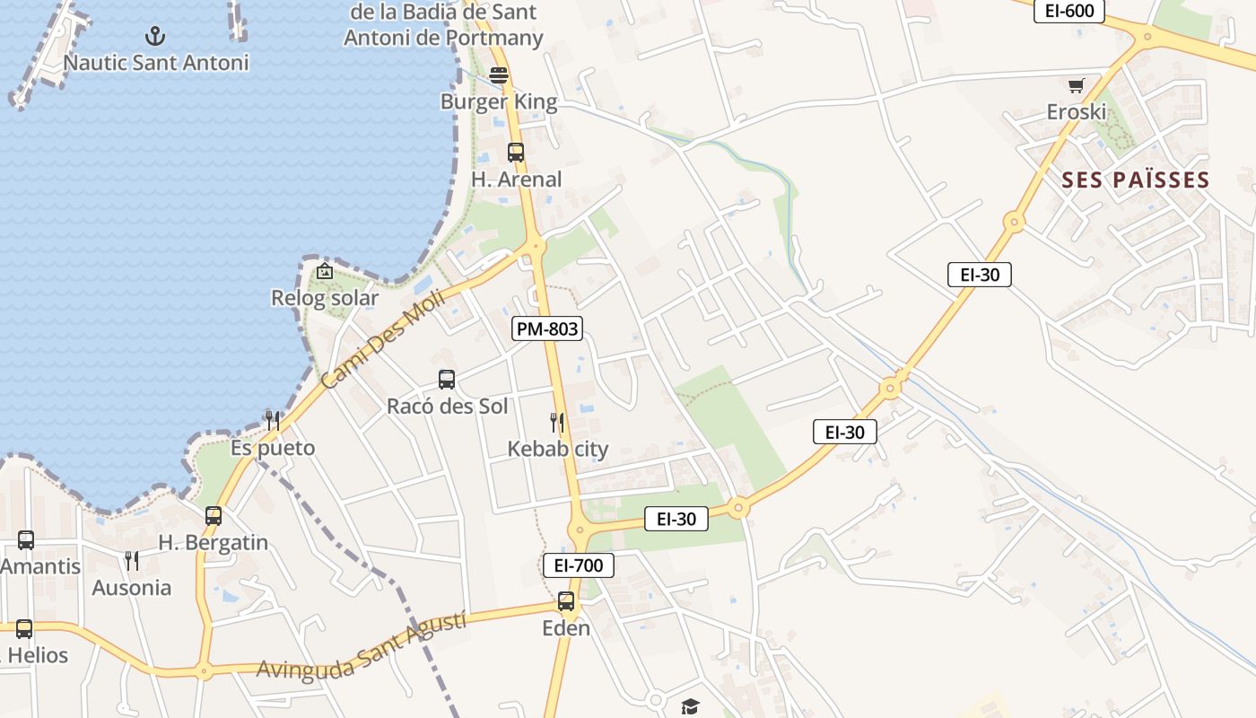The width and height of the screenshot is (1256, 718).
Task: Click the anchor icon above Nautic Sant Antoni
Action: tap(156, 36)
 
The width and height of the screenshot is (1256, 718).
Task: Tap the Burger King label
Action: tap(499, 102)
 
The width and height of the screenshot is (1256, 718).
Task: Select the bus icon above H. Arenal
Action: tap(516, 152)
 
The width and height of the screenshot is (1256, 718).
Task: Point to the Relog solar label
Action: tap(325, 298)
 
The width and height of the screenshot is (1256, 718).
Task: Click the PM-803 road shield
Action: tap(547, 328)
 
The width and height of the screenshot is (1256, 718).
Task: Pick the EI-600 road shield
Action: tap(1068, 11)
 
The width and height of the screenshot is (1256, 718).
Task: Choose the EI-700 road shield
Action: tap(579, 565)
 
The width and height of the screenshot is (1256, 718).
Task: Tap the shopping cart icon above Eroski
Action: tap(1077, 86)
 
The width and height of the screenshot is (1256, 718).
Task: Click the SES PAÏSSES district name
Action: tap(1136, 179)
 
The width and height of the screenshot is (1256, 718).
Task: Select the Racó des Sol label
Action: tap(447, 407)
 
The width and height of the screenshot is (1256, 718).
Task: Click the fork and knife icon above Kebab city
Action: tap(557, 422)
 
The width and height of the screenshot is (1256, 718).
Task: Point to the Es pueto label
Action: tap(273, 448)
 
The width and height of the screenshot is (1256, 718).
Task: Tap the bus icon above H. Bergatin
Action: tap(214, 516)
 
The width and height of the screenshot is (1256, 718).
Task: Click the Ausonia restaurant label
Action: tap(132, 588)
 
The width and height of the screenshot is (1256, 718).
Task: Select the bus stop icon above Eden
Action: tap(566, 601)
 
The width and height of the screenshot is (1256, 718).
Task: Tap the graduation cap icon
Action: tap(689, 707)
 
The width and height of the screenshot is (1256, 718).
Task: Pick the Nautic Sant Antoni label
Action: tap(156, 63)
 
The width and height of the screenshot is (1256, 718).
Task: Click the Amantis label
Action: tap(40, 566)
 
